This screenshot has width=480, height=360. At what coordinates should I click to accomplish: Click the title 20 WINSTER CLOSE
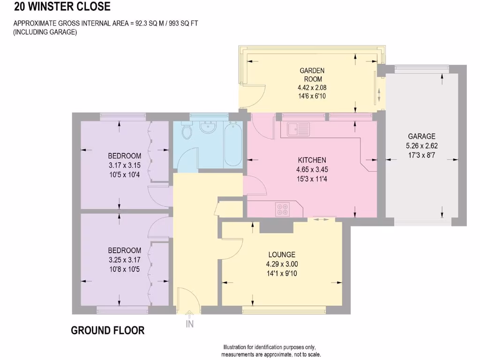point(62,7)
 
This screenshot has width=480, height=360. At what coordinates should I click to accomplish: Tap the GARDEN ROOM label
point(312,75)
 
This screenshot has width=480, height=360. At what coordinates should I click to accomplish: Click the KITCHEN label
point(312,160)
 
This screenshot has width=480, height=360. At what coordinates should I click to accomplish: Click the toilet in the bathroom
point(187,131)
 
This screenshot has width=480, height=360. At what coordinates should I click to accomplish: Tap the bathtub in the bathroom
point(233,144)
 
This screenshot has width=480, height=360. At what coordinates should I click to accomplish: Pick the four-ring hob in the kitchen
point(282,209)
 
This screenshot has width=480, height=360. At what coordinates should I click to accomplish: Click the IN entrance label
point(190,323)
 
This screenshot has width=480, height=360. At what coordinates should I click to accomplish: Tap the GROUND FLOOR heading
point(108,330)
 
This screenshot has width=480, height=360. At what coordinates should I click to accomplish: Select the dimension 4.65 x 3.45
point(312,169)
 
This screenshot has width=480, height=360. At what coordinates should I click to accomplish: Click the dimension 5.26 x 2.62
point(421,145)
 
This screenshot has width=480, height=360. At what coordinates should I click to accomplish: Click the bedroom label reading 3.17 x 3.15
point(124,165)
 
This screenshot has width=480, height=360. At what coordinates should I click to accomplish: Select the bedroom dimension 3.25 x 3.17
point(124,259)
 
